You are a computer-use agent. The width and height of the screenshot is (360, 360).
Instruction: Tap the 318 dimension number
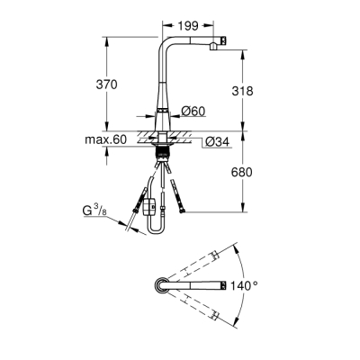tap(257, 90)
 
